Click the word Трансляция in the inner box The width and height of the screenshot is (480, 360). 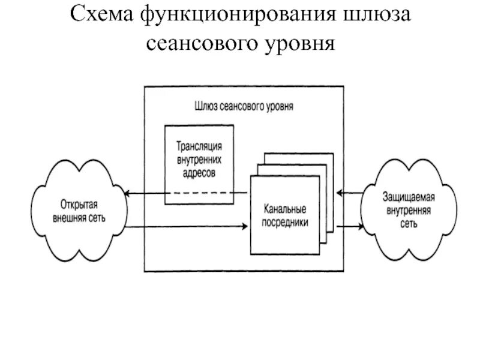pyautogui.click(x=199, y=146)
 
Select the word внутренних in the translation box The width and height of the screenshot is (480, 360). pyautogui.click(x=199, y=158)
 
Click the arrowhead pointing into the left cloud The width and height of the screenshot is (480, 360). pyautogui.click(x=127, y=193)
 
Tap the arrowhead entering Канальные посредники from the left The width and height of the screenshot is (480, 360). pyautogui.click(x=245, y=226)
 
